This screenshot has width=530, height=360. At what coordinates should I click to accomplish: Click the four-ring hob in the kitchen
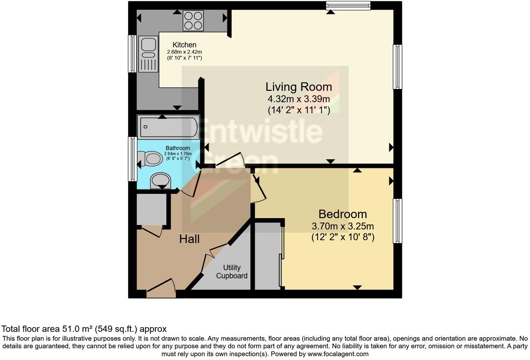(193, 21)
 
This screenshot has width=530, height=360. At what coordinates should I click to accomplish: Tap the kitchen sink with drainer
(148, 54)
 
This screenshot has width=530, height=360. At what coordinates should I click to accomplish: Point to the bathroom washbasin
(160, 181)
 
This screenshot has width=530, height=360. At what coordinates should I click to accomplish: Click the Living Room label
(298, 87)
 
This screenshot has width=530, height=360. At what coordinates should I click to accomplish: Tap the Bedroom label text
(342, 214)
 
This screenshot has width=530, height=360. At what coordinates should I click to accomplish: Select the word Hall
(189, 239)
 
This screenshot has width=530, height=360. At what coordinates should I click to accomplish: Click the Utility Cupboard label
(232, 271)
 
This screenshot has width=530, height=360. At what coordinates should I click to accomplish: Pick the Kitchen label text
(184, 45)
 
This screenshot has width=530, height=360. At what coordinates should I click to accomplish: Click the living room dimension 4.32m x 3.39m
(298, 99)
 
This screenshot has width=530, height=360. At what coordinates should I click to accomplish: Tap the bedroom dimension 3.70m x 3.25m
(342, 226)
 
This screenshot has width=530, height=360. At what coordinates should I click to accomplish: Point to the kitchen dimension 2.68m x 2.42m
(184, 52)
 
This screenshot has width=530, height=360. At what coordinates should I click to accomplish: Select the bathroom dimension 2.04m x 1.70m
(178, 153)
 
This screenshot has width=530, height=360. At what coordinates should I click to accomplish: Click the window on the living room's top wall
(348, 5)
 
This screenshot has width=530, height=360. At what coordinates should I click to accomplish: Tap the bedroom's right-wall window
(397, 221)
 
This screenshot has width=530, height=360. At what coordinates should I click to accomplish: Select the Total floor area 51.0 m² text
(84, 329)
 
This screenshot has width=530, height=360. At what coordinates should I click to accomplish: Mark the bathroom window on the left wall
(132, 159)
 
